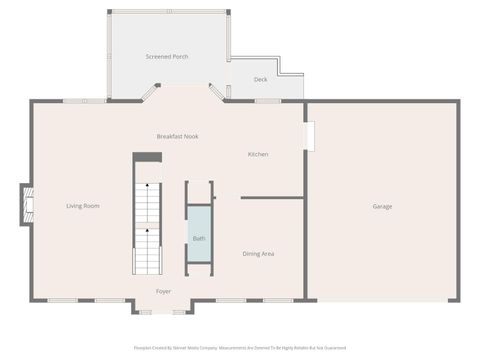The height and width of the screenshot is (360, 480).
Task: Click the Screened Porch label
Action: pyautogui.click(x=167, y=56)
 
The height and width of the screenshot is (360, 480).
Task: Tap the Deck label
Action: pyautogui.click(x=260, y=79)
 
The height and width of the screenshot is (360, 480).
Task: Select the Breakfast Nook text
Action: pyautogui.click(x=177, y=136)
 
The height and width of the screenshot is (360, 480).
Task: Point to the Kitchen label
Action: pyautogui.click(x=258, y=154)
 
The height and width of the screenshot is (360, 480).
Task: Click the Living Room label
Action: pyautogui.click(x=83, y=206)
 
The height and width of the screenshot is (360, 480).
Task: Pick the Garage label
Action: pyautogui.click(x=382, y=206)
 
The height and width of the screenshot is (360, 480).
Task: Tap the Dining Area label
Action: pyautogui.click(x=258, y=254)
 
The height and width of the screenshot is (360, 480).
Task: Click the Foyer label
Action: pyautogui.click(x=163, y=291)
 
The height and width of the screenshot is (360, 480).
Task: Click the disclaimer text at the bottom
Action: pyautogui.click(x=240, y=348)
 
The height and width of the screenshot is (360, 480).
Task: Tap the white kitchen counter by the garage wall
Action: pyautogui.click(x=310, y=136)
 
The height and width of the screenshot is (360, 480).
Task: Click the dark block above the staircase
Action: pyautogui.click(x=148, y=157)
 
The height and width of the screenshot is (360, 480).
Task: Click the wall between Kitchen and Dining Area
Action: pyautogui.click(x=272, y=198)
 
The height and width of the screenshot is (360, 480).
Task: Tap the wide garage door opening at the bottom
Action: pyautogui.click(x=382, y=300)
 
